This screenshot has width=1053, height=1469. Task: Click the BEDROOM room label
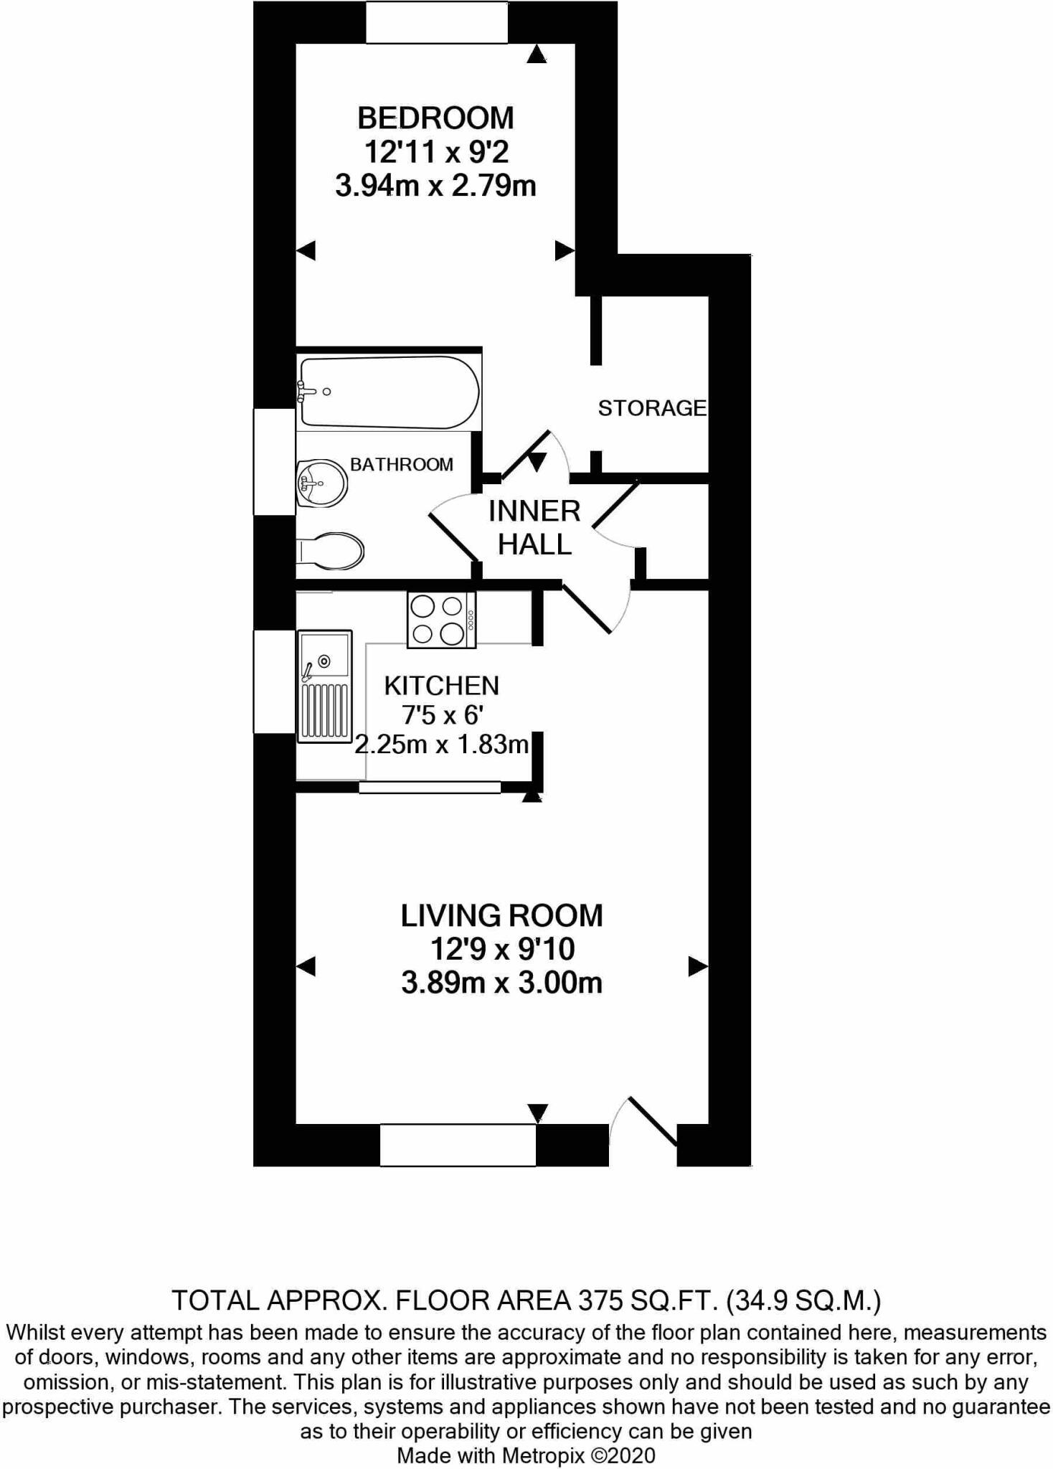(x=435, y=118)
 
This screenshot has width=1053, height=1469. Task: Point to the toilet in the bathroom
(x=331, y=551)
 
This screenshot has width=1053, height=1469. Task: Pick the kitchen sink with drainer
(x=324, y=685)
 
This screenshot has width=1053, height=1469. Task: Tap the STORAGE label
(x=652, y=408)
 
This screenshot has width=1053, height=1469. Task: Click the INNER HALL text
(x=534, y=527)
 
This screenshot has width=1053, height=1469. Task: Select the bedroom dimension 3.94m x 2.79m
(x=435, y=186)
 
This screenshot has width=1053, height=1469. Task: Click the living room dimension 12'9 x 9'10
(x=502, y=949)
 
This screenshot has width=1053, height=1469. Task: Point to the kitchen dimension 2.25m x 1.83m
(x=442, y=745)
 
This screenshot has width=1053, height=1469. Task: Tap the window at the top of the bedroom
(x=437, y=22)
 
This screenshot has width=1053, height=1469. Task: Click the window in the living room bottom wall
(x=458, y=1145)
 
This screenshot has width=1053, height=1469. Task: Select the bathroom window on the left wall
(x=275, y=461)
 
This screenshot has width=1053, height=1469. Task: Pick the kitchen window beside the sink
(x=275, y=681)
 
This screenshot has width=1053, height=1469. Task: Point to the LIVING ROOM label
(x=502, y=916)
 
